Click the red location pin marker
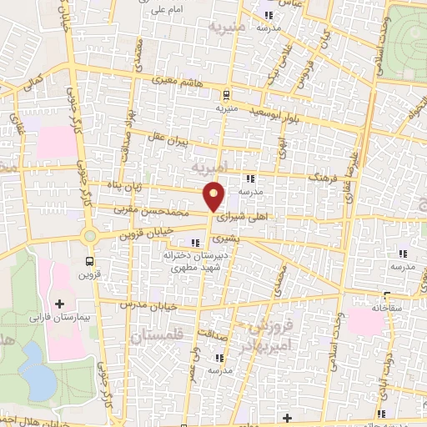coord(214,196)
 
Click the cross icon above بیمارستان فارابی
coord(59,304)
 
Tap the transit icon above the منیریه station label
coord(227,94)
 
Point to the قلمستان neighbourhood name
coord(158,337)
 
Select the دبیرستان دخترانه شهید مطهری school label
coord(190,262)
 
